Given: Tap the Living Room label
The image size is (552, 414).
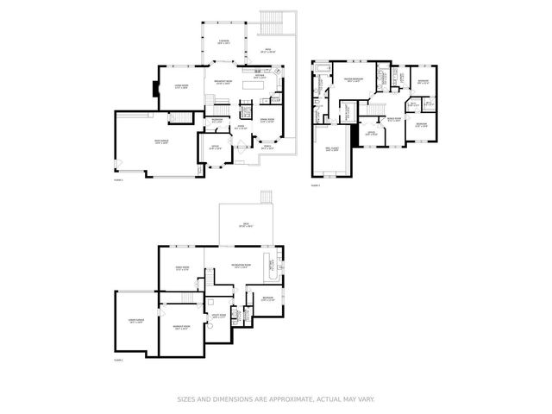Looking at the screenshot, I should [182, 86].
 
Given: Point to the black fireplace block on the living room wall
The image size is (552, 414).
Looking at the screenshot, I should [154, 89].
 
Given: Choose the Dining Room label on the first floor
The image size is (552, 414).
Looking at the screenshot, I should [267, 119].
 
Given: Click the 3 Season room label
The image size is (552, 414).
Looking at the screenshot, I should [223, 41].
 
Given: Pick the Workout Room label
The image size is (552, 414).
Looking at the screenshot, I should [182, 327].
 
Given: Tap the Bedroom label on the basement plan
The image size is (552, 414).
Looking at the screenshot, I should [267, 298].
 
